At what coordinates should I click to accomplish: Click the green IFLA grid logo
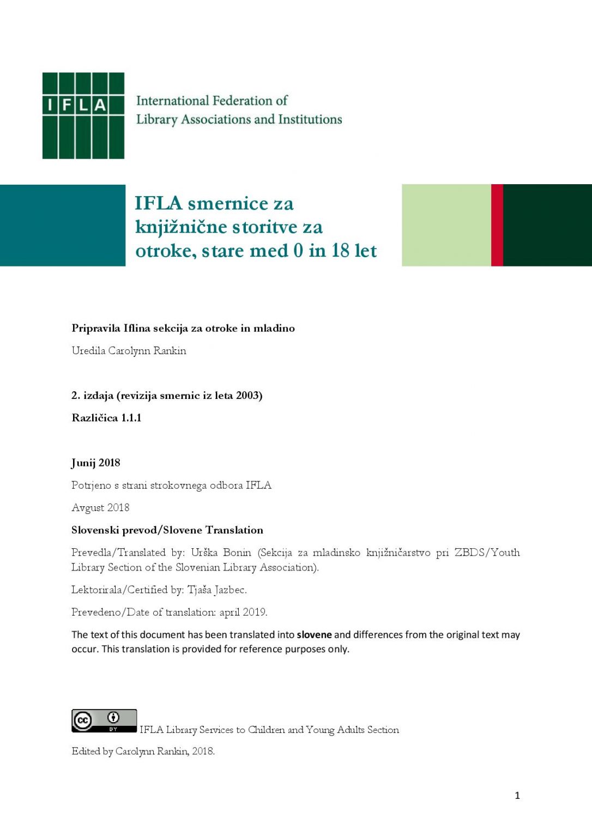click(83, 116)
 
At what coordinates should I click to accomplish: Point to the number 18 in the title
click(340, 251)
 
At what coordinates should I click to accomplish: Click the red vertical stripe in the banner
click(497, 225)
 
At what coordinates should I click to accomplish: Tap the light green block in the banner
click(446, 225)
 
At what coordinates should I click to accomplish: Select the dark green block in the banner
click(547, 225)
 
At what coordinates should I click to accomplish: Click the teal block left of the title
click(63, 225)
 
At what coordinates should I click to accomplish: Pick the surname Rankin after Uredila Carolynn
click(170, 351)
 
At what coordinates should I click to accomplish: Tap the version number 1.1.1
click(131, 418)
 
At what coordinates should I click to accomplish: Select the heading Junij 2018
click(96, 463)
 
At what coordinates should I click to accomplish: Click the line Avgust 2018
click(100, 508)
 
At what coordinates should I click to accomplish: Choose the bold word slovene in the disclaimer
click(314, 635)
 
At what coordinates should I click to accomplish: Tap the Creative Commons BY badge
click(104, 720)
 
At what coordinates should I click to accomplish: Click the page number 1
click(517, 796)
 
